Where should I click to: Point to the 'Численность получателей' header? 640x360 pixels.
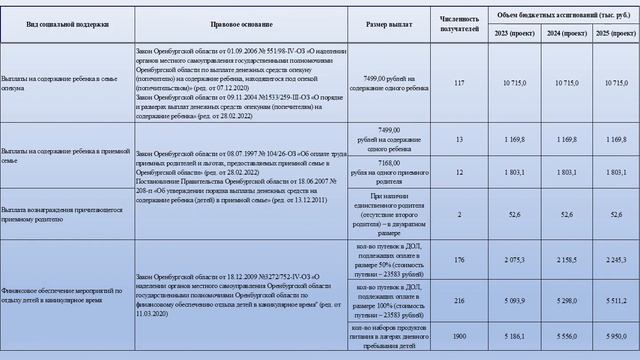pyautogui.click(x=460, y=22)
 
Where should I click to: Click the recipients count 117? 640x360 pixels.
pyautogui.click(x=460, y=82)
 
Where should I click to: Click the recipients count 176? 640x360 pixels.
pyautogui.click(x=460, y=260)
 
